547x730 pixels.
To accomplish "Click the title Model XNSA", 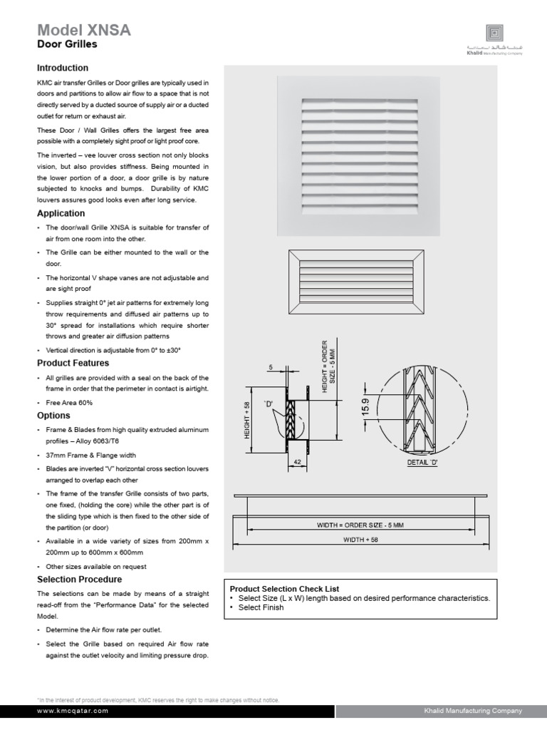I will (x=83, y=29).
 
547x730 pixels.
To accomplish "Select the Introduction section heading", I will (x=63, y=68).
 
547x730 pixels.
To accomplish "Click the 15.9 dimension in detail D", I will (x=365, y=406).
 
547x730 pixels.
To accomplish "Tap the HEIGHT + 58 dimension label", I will (x=247, y=420).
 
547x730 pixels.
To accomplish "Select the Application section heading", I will (x=61, y=213).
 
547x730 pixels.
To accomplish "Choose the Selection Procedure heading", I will (x=79, y=580).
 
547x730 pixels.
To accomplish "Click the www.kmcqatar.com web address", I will (x=73, y=711).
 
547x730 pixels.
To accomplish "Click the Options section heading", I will (x=53, y=416).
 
